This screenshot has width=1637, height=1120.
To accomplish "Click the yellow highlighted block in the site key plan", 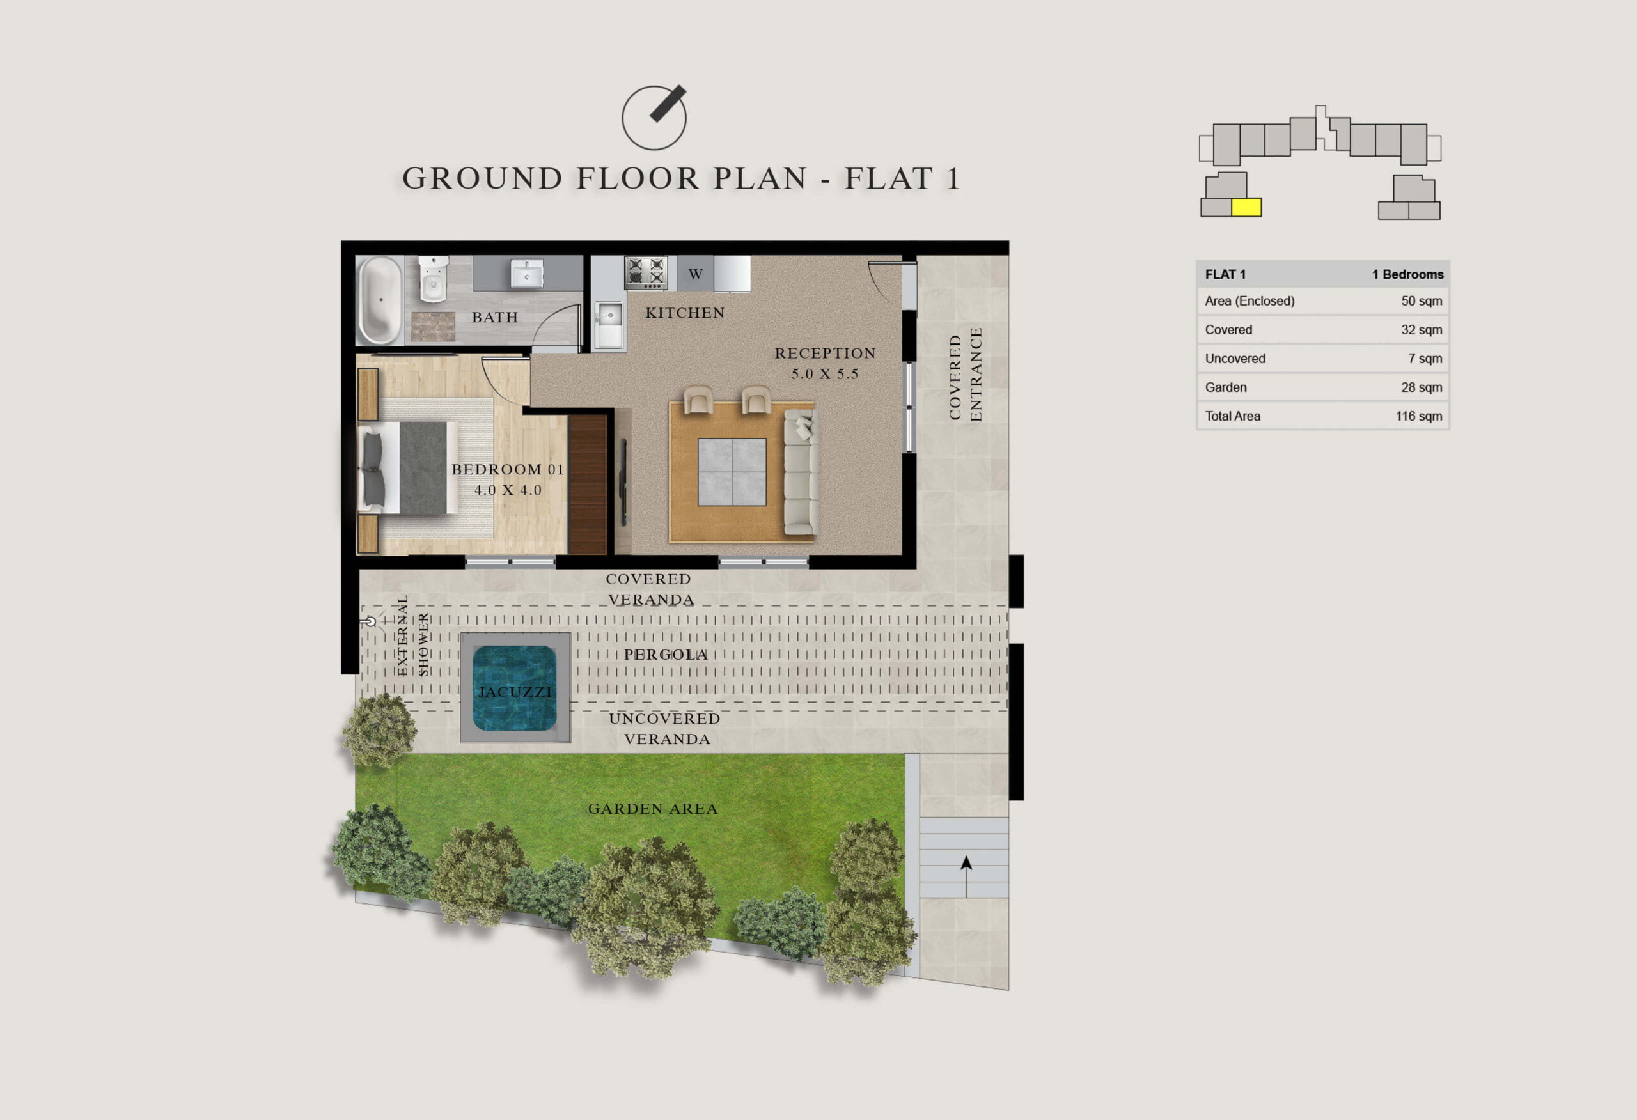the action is point(1246,207).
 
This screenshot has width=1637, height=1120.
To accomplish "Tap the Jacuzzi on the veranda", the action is point(515,687).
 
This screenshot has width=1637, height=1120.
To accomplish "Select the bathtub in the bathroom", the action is point(380,300).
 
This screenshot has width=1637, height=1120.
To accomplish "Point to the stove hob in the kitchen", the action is point(646,272).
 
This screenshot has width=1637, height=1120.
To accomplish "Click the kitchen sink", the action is point(609,325).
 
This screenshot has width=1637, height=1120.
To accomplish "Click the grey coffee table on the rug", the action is point(732,472).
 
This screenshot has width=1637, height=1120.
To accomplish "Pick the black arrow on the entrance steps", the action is point(966,876).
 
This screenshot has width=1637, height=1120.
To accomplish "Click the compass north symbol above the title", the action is point(654,118).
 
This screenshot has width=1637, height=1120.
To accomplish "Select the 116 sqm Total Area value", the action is point(1419,416).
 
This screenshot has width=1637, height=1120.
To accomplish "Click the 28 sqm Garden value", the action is point(1422,387).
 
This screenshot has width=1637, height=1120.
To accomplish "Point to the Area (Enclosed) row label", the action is point(1249,301).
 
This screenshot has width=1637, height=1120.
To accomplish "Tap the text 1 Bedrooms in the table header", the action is point(1407,274).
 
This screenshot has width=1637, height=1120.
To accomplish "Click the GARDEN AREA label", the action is point(653,809).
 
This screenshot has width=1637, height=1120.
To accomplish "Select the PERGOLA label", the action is point(666,655).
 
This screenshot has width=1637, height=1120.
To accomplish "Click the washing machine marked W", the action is point(696,274).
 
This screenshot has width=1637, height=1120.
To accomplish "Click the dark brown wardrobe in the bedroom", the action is point(588,484).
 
